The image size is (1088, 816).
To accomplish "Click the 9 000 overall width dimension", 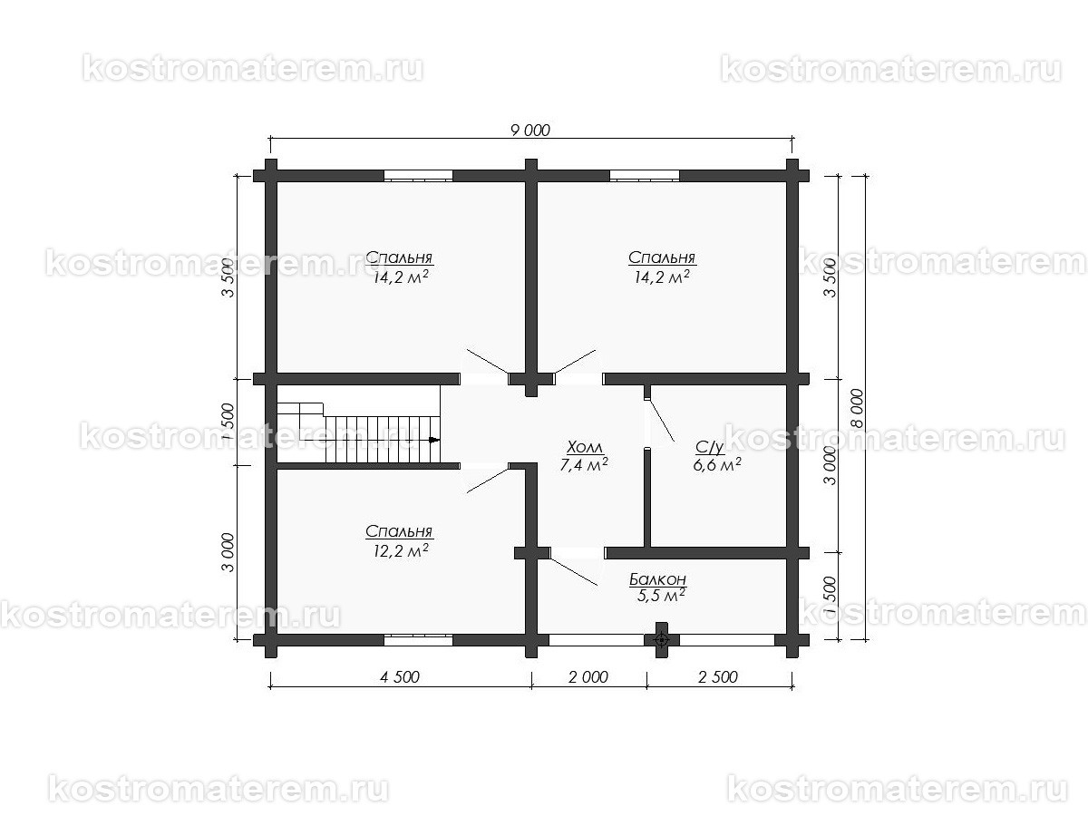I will point(530,130).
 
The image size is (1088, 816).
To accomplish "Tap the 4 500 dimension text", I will point(399,677).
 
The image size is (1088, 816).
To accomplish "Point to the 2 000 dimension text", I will point(588,677).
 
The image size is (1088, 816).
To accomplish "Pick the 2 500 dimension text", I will point(719,677).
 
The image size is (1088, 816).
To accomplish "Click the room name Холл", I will point(584,448).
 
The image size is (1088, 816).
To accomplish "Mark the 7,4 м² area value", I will point(584,465).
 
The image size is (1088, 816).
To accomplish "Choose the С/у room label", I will point(709,447).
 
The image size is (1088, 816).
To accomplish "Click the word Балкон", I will point(657,578).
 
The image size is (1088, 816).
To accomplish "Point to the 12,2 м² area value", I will point(400,549).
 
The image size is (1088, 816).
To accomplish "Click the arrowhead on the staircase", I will point(434,440).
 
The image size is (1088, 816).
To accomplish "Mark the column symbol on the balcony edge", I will point(661,638).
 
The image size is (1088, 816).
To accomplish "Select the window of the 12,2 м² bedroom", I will point(418,638).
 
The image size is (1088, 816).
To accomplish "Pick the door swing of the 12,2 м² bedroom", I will point(488,479).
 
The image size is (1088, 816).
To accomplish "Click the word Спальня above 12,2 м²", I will point(399,532).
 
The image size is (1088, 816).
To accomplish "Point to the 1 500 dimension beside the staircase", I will point(228,423).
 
